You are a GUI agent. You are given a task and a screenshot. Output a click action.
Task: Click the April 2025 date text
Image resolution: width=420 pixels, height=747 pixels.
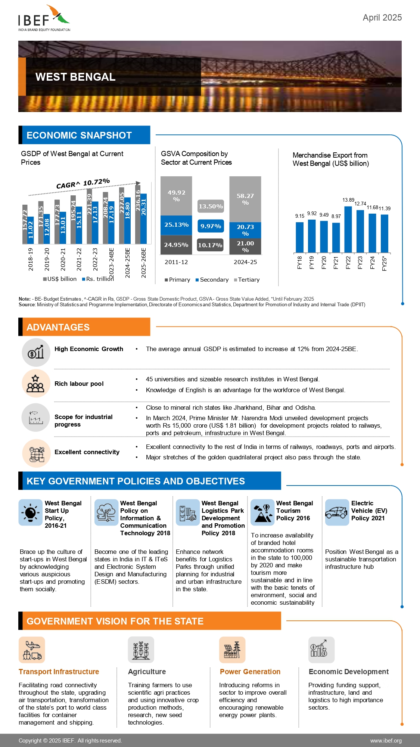(x=382, y=18)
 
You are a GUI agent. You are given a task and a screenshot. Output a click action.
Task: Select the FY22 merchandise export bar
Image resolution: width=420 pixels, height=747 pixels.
(x=348, y=229)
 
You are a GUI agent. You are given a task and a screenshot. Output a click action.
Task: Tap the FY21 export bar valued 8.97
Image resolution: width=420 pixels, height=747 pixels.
(x=336, y=238)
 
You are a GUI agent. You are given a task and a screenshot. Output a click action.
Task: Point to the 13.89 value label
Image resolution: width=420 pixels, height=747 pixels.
(x=348, y=200)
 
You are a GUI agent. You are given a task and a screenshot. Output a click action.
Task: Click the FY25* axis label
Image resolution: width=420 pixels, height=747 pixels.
(x=385, y=263)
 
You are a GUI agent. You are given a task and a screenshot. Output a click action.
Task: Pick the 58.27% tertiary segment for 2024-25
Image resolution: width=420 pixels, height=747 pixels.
(x=245, y=199)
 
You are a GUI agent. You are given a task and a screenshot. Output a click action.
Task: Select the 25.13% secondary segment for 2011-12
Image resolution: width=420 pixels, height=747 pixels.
(x=176, y=225)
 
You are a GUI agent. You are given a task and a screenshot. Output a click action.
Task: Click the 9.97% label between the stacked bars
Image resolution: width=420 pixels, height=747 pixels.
(x=211, y=226)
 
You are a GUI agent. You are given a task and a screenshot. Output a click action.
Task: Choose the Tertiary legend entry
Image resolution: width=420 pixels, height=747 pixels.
(x=247, y=280)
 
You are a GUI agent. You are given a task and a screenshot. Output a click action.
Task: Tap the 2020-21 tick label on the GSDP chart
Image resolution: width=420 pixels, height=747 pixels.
(x=63, y=259)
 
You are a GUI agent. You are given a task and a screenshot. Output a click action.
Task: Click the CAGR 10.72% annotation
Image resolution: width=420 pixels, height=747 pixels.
(x=83, y=183)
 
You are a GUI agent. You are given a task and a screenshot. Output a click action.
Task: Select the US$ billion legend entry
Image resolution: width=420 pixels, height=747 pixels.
(x=60, y=279)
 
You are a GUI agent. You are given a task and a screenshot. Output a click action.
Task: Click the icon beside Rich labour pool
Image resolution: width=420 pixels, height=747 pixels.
(x=35, y=384)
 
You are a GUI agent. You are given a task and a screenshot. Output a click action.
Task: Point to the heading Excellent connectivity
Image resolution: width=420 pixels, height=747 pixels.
(x=87, y=452)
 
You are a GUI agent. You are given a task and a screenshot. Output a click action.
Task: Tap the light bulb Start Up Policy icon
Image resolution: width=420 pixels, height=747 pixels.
(x=31, y=512)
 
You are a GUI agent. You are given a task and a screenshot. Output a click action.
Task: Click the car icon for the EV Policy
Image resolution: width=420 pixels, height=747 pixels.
(x=336, y=512)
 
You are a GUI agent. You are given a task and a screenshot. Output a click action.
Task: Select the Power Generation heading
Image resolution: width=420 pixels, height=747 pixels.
(x=250, y=672)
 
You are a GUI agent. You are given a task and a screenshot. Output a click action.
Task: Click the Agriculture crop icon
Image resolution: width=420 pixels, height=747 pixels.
(x=141, y=650)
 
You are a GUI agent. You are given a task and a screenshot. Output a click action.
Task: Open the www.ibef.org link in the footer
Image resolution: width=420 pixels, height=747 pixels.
(x=386, y=741)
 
